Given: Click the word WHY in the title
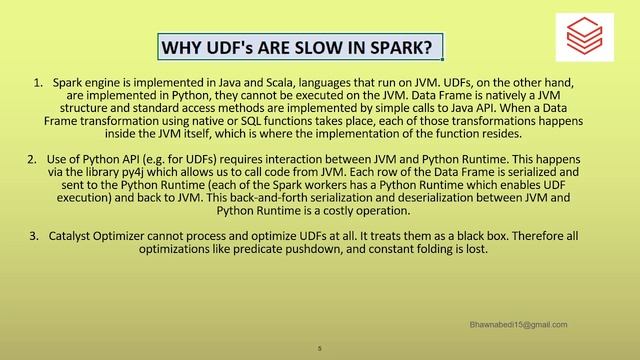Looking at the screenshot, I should [182, 48].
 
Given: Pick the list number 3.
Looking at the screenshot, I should [38, 236].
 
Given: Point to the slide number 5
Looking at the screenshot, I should [319, 349].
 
